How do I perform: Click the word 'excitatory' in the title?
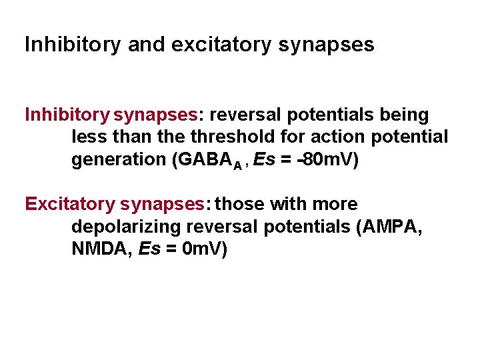point(219,45)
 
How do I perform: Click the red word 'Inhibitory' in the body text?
point(67,115)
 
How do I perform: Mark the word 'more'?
point(332,204)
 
